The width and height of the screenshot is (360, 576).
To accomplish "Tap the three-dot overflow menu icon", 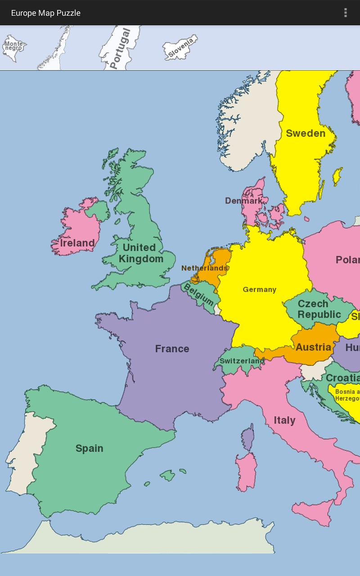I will [x=346, y=13].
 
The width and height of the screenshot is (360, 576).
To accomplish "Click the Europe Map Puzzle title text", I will [x=45, y=13].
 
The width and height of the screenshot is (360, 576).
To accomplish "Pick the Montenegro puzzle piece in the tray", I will [x=13, y=47].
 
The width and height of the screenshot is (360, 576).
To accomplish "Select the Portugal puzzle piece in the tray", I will [x=119, y=48].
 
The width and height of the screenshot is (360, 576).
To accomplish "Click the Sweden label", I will [x=306, y=133].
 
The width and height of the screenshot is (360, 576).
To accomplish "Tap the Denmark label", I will [x=243, y=201].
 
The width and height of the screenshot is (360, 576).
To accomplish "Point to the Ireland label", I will [x=77, y=243].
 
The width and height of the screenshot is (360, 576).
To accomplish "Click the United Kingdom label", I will [x=140, y=253].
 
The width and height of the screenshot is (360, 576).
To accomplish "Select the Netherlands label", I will [x=204, y=268].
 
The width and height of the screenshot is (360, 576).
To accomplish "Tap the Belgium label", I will [x=198, y=294].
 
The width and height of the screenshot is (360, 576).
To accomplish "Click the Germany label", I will [x=259, y=289].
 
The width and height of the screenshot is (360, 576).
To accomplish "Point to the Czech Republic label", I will [x=319, y=309].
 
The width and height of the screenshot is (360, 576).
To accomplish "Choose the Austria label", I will [x=313, y=347].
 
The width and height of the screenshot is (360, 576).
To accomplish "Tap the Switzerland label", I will [x=241, y=361].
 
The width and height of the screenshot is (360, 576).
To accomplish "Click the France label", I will [x=172, y=349].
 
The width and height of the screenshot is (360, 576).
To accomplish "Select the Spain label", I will [x=89, y=448].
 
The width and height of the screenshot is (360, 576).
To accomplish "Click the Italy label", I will [x=284, y=420].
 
